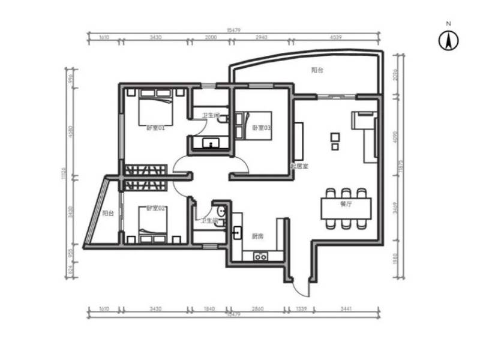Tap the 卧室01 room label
click(x=155, y=127)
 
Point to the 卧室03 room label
click(x=262, y=127)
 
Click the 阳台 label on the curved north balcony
click(x=317, y=70)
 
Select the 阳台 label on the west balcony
click(x=108, y=213)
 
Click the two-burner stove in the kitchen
click(x=261, y=257)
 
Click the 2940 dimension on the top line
click(x=261, y=37)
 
